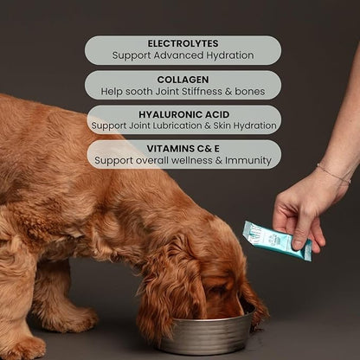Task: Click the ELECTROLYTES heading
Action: pos(183,43)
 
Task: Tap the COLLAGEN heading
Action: pos(183,78)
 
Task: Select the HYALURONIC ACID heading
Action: pos(183,113)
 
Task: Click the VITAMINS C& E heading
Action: pos(183,148)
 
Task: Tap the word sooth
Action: pos(145,90)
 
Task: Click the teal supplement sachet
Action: pos(275,239)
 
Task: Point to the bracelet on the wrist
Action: pos(333,173)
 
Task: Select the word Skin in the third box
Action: pos(222,125)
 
